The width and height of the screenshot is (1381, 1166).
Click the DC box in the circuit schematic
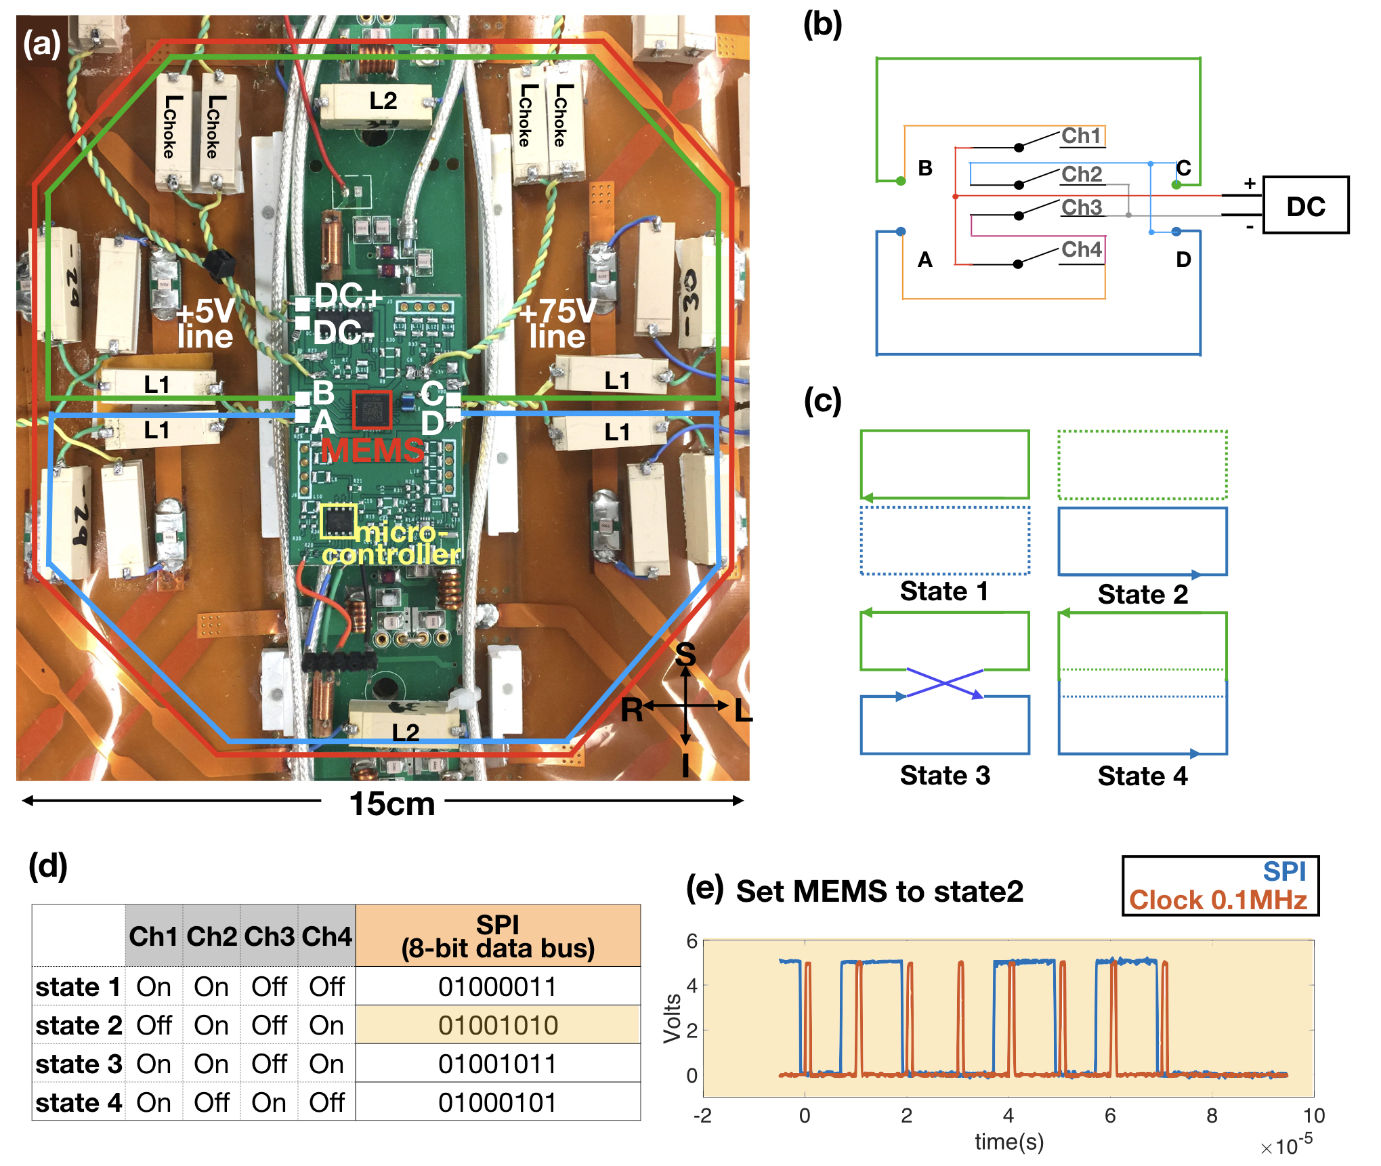click(1305, 205)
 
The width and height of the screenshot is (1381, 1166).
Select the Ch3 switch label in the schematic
click(1081, 207)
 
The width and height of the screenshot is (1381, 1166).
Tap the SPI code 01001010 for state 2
click(498, 1025)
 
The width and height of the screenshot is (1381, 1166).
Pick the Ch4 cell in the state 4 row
click(326, 1102)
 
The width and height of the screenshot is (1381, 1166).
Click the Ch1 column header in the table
click(153, 936)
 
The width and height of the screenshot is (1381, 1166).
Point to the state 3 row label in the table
click(79, 1064)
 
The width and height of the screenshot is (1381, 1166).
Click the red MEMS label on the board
click(373, 450)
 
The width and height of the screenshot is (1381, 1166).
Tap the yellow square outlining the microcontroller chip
click(338, 522)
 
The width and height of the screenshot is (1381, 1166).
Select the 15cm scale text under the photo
click(391, 804)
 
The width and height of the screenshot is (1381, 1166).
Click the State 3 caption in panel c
click(945, 775)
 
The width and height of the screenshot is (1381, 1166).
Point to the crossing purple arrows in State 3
click(944, 683)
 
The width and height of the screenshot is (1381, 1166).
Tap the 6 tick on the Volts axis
click(692, 940)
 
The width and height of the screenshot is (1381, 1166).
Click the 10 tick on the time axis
click(1313, 1115)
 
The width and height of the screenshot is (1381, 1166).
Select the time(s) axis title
click(1008, 1142)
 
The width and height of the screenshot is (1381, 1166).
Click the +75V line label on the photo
click(557, 324)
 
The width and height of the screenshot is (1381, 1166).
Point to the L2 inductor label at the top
click(383, 101)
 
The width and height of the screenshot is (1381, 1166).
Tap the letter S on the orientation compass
click(685, 654)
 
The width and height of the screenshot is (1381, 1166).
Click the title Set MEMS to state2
click(879, 892)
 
